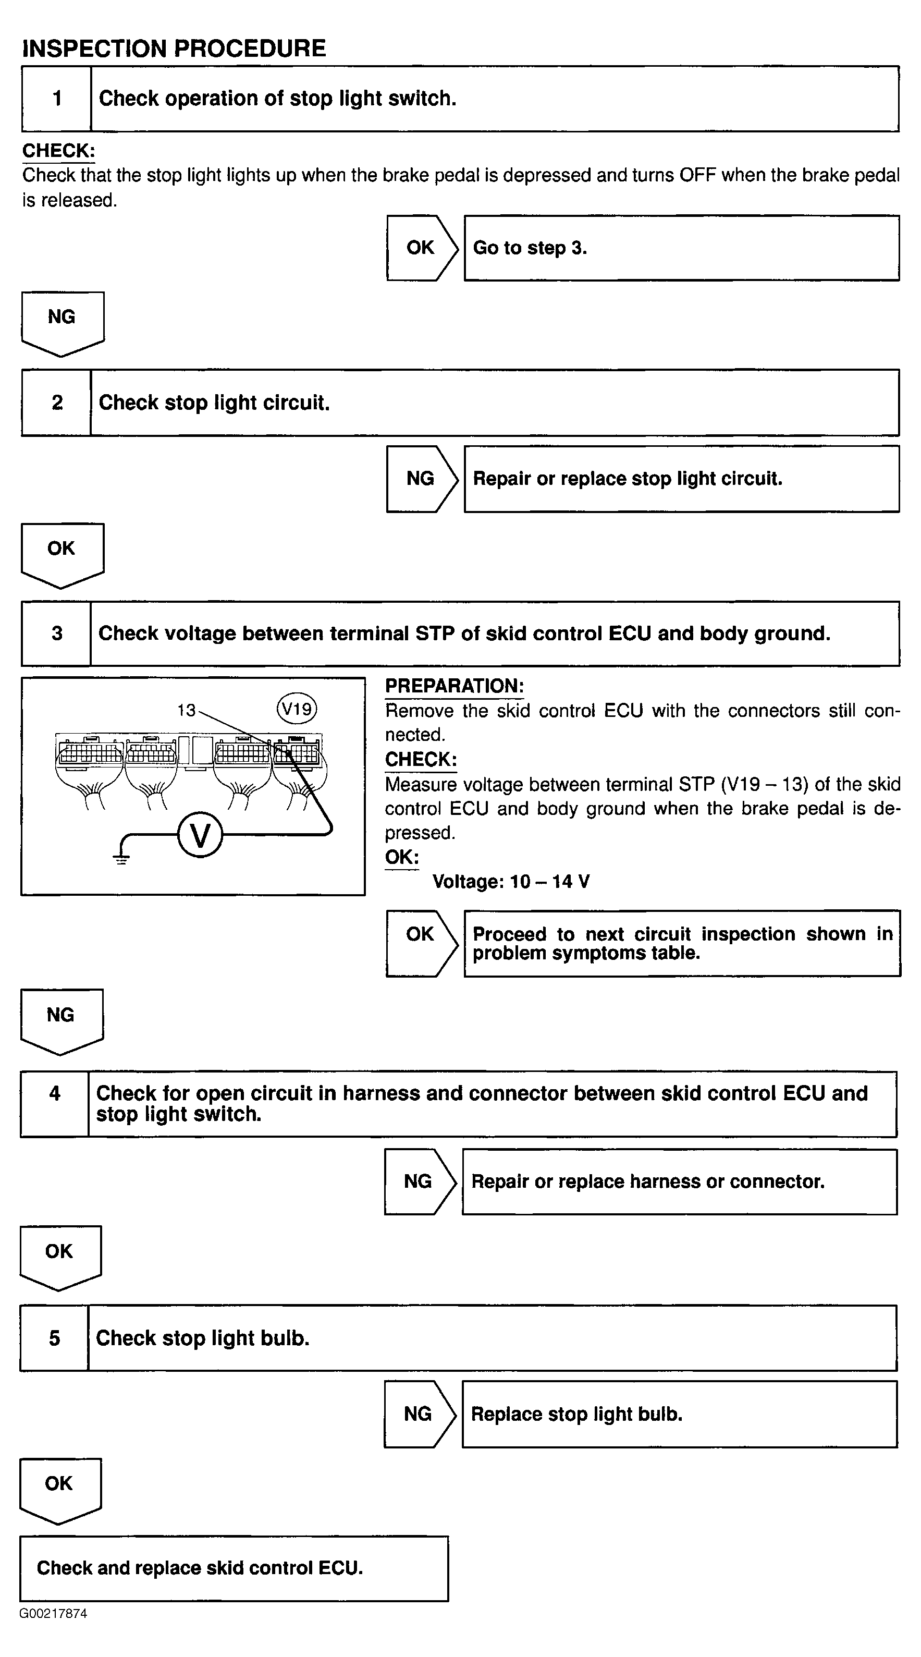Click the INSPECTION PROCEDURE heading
(x=174, y=48)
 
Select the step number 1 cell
(x=57, y=99)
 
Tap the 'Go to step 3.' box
(x=682, y=248)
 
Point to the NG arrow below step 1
(x=63, y=324)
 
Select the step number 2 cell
(x=57, y=403)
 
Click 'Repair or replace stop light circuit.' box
(x=682, y=479)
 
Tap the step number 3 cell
(x=57, y=633)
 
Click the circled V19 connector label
(x=297, y=709)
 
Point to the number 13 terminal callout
(x=186, y=710)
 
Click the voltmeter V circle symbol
(x=201, y=836)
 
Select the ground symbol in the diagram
(x=121, y=858)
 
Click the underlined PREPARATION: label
(x=454, y=686)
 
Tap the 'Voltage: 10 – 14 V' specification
(x=511, y=881)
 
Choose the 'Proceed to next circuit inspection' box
(x=682, y=943)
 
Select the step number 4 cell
(x=55, y=1104)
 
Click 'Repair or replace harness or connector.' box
(x=680, y=1181)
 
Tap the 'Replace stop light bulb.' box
(x=680, y=1414)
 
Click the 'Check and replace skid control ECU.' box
(x=234, y=1568)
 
